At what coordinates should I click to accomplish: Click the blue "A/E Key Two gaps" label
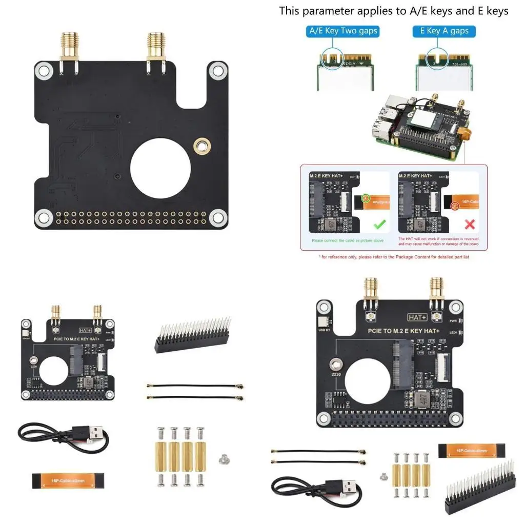[343, 31]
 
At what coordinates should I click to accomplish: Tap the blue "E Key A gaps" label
[444, 31]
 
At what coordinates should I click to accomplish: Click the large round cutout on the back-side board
[160, 170]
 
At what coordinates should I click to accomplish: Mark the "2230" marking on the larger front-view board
[336, 375]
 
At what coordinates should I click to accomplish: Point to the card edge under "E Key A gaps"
[444, 64]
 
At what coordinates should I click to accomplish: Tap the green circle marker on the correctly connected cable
[366, 197]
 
